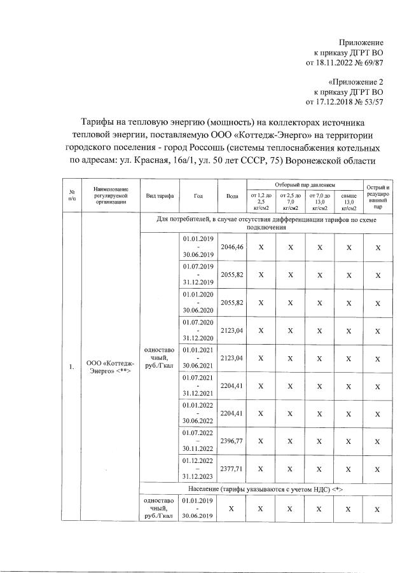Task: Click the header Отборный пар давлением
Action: pyautogui.click(x=305, y=183)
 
